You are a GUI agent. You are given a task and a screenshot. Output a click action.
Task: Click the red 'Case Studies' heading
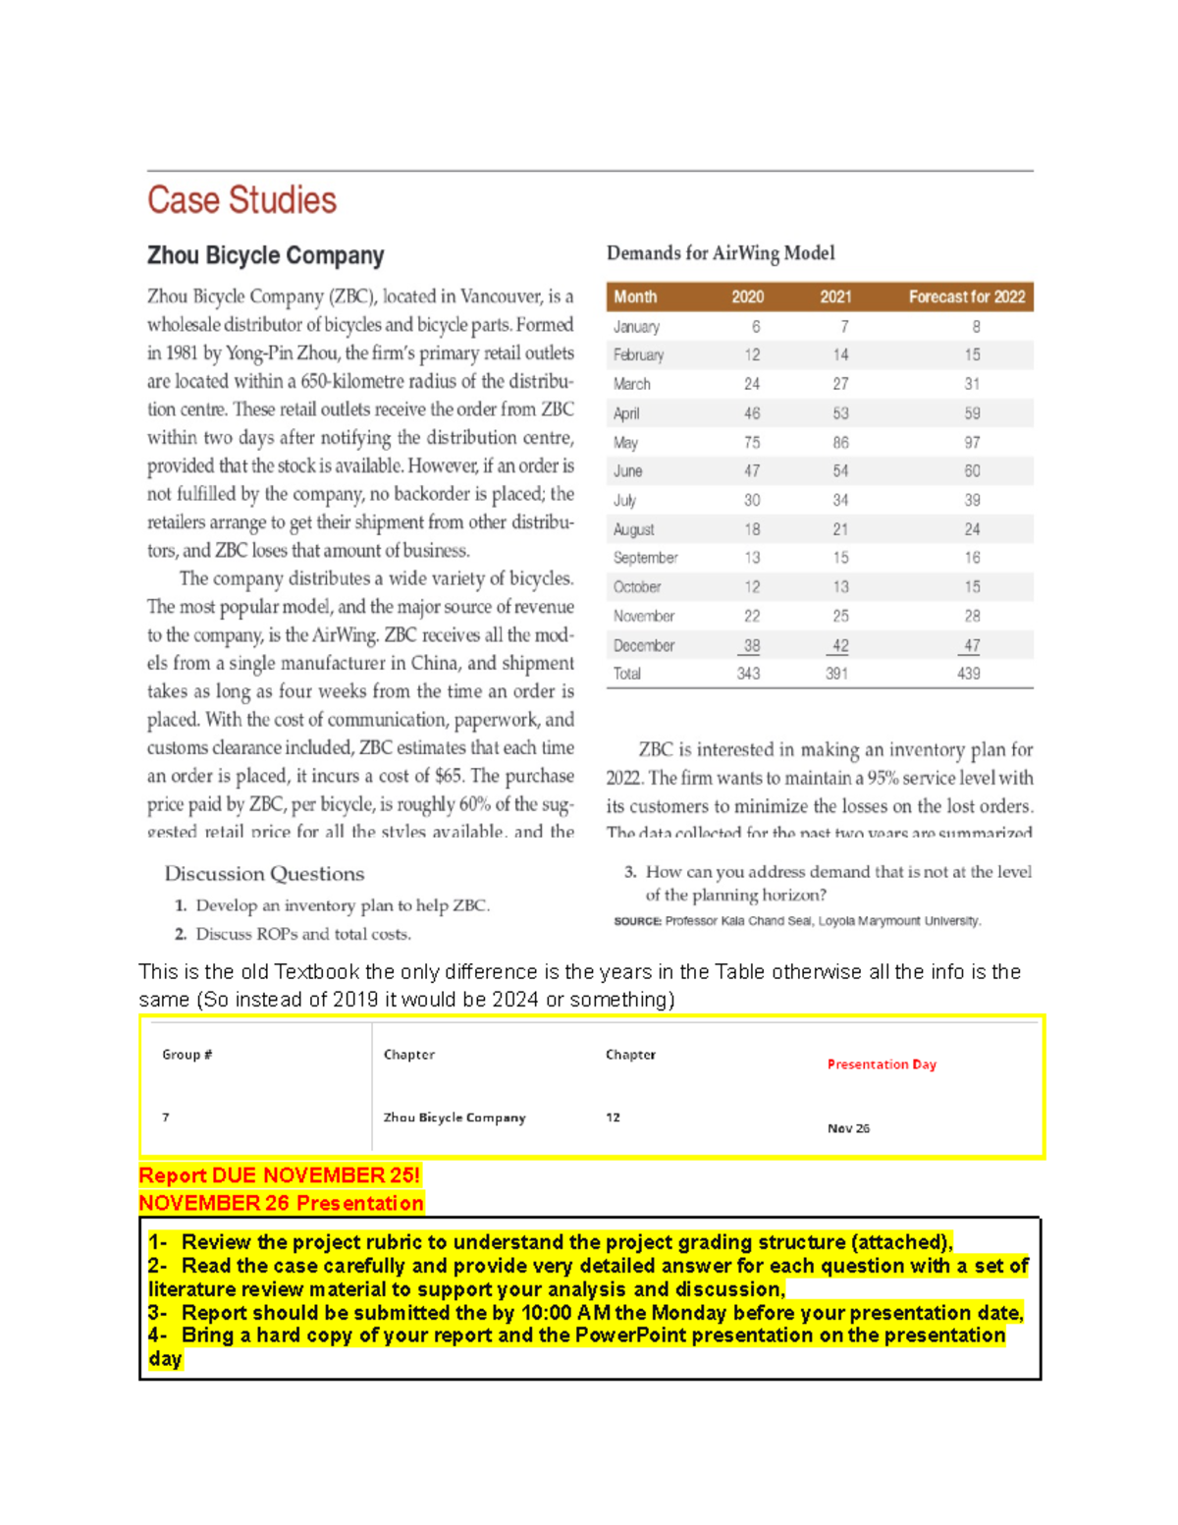pos(241,200)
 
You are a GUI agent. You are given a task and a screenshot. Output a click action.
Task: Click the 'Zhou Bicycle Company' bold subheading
pos(265,255)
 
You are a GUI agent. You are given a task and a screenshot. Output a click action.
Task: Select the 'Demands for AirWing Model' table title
pos(721,253)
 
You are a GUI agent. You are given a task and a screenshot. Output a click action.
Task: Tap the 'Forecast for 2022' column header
pos(966,297)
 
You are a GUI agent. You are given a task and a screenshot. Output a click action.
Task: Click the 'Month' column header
pos(635,297)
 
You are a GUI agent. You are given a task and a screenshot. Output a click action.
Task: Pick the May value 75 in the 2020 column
pos(751,443)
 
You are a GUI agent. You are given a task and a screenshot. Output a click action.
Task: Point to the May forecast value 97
pos(971,443)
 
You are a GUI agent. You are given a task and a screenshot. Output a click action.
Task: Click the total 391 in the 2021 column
pos(836,674)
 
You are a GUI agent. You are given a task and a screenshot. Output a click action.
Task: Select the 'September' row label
pos(645,558)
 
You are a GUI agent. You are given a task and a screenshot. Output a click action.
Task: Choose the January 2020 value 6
pos(755,327)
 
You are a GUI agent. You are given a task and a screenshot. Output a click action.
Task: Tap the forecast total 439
pos(968,674)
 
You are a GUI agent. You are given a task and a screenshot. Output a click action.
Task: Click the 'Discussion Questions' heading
pos(264,874)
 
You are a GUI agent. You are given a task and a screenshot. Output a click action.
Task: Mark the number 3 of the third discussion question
pos(630,872)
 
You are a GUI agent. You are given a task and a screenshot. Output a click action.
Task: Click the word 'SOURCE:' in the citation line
pos(637,921)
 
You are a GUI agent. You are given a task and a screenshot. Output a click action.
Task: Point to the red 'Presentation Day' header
pos(882,1064)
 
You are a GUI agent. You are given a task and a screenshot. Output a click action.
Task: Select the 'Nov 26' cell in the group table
pos(848,1128)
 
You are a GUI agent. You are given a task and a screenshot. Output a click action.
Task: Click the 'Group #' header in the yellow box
pos(187,1055)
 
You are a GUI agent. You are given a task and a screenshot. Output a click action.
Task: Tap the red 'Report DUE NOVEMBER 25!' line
pos(280,1175)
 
